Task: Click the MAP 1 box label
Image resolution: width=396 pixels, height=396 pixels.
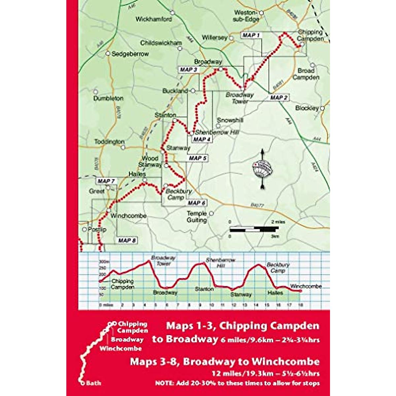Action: (251, 35)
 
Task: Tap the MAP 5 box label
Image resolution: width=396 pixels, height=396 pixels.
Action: (198, 158)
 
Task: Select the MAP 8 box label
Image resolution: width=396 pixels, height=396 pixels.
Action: (127, 241)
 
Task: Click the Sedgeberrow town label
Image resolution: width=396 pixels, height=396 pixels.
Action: (130, 54)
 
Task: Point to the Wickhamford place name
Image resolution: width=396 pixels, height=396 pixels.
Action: (154, 19)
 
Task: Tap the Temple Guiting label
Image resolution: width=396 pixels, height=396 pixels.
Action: (197, 217)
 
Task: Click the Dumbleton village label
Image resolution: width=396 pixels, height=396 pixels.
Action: (108, 98)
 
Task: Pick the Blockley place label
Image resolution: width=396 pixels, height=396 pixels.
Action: (307, 108)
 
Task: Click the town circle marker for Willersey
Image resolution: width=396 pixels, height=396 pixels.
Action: (231, 38)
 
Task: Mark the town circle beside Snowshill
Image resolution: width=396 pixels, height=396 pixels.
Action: (218, 126)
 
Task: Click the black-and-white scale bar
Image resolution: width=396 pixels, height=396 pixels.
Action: (254, 228)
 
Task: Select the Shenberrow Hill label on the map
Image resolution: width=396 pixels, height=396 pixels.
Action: (217, 132)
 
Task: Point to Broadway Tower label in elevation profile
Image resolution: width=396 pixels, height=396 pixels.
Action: (163, 260)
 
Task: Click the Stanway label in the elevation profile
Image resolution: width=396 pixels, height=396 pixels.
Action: (241, 295)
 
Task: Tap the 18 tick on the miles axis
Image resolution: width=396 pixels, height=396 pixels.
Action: (300, 305)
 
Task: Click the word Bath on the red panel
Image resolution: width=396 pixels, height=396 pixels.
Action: (94, 383)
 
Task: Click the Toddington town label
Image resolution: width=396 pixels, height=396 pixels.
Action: (110, 142)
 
